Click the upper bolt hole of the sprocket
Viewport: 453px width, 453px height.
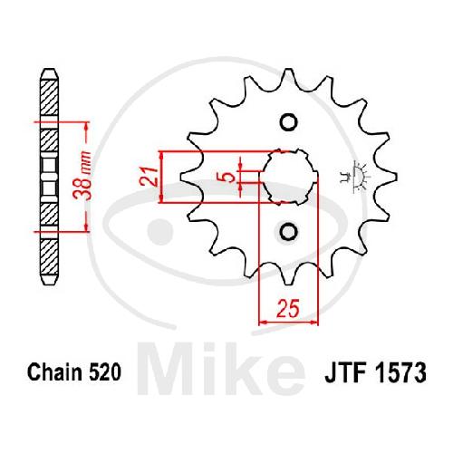click(x=289, y=122)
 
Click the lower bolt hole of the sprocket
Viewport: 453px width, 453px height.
click(x=289, y=232)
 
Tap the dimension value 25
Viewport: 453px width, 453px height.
click(x=288, y=309)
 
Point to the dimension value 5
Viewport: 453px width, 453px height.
click(x=230, y=177)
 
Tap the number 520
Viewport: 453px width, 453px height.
click(x=105, y=371)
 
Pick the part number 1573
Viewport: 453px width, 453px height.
click(x=400, y=372)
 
